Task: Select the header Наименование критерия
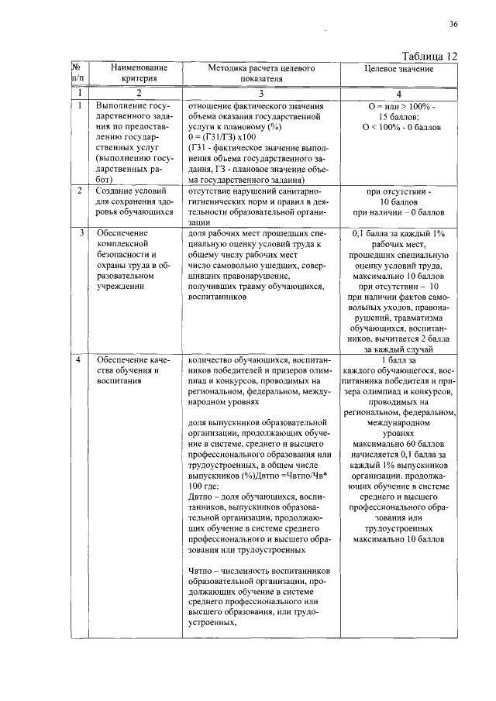pos(133,74)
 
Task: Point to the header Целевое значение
pos(398,69)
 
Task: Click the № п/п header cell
pos(77,74)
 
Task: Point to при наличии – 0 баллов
pos(398,211)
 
